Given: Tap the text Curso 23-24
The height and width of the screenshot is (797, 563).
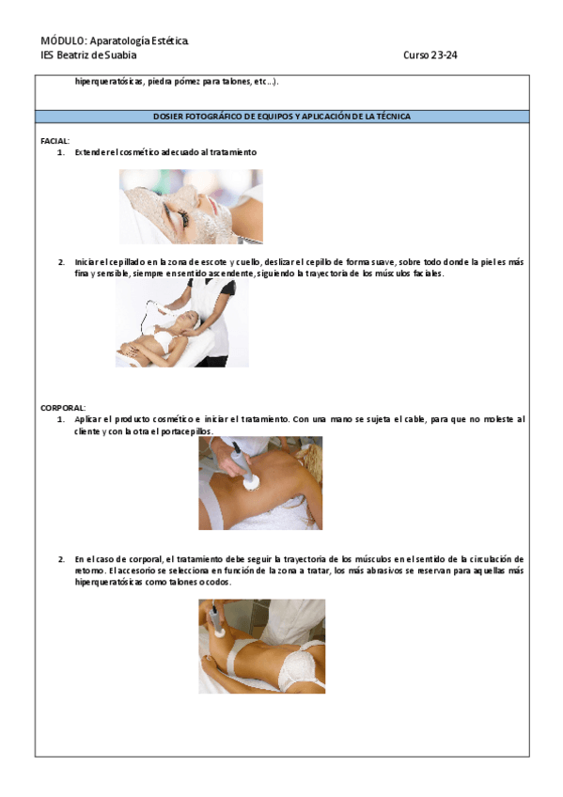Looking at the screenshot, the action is point(430,55).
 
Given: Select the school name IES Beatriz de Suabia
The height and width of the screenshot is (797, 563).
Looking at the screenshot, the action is point(88,55).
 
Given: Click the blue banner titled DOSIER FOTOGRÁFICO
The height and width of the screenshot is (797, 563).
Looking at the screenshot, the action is point(282,117).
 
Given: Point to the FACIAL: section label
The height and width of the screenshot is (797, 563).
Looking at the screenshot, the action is point(55,141).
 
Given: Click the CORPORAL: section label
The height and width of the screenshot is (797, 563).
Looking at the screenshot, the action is point(63,408).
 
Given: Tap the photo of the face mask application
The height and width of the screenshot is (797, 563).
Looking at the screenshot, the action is point(191,207).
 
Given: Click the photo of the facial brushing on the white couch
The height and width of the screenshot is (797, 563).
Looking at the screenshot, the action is point(182,322).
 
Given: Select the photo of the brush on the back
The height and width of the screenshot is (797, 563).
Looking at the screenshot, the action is point(260,483).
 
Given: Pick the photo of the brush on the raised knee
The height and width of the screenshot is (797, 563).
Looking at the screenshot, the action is point(261,646).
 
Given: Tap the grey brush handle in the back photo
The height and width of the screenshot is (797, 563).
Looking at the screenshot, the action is point(242,461).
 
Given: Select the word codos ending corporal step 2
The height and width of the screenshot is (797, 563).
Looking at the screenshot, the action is point(217,582).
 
